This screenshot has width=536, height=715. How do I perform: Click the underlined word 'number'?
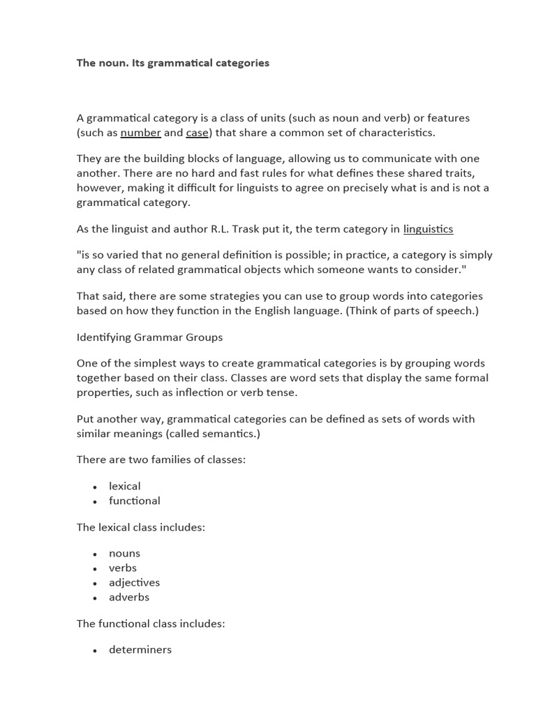[140, 133]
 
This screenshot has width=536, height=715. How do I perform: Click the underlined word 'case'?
[198, 133]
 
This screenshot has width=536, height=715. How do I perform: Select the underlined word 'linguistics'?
[428, 229]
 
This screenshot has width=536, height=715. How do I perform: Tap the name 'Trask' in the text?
[274, 229]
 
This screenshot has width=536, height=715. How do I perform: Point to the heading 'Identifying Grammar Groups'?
[149, 337]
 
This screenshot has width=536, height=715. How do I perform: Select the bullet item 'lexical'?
[124, 486]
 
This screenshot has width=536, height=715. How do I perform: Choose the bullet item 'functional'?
[134, 501]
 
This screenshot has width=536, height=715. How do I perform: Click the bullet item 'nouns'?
[124, 553]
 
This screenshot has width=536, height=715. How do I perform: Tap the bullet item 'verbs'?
[123, 568]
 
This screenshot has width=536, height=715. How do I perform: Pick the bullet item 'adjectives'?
[134, 582]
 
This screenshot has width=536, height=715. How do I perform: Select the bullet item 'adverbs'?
[129, 597]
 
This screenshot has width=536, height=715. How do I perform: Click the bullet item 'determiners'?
[140, 649]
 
